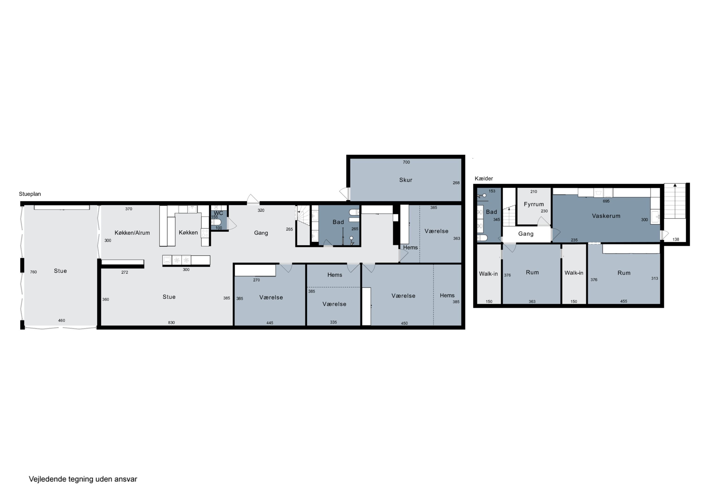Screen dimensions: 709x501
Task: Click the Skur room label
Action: tap(406, 180)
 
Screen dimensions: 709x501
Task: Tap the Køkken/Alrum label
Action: tap(132, 233)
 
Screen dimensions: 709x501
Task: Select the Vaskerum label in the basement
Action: tap(606, 216)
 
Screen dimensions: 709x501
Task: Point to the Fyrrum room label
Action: tap(534, 204)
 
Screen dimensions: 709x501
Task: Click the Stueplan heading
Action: tap(30, 194)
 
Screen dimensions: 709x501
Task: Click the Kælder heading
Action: tap(484, 178)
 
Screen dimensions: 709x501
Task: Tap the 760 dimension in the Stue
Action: tap(33, 272)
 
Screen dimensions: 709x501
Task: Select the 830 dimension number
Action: tap(171, 323)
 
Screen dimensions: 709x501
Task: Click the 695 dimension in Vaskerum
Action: tap(606, 201)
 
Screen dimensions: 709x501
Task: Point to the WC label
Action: tap(218, 213)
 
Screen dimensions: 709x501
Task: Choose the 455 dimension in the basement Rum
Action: tap(623, 301)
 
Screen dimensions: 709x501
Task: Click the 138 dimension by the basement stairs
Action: tap(676, 239)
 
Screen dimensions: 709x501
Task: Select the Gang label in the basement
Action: tap(526, 234)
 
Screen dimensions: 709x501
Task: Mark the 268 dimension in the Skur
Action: tap(456, 183)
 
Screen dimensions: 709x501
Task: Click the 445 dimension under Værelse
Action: tap(270, 323)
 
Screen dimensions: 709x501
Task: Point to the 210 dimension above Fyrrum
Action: tap(534, 191)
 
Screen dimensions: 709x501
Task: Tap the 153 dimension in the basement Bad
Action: tap(492, 191)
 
